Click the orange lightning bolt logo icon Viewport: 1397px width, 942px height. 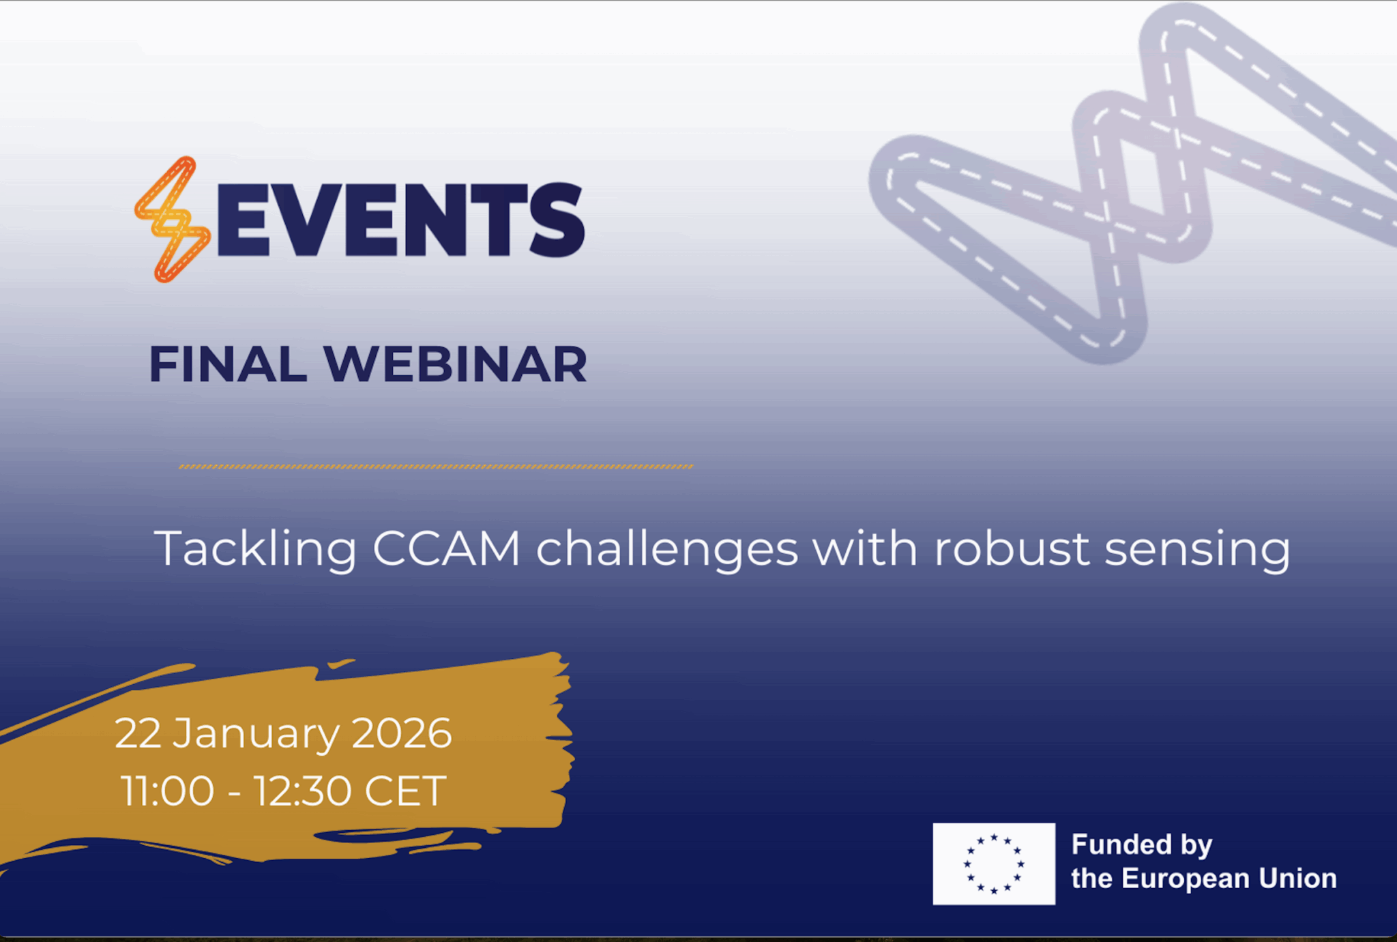(173, 220)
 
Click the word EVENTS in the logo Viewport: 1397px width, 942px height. (400, 220)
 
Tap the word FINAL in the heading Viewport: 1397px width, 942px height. (228, 364)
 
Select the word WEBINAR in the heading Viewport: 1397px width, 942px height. (455, 364)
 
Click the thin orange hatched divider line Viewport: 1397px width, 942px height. (436, 467)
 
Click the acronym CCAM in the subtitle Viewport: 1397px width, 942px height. (447, 548)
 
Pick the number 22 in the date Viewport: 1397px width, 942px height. (138, 734)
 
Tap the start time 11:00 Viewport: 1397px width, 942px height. (168, 791)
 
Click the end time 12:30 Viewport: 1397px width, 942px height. (303, 791)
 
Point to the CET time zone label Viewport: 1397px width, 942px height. (405, 791)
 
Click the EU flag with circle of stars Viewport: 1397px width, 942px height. (993, 864)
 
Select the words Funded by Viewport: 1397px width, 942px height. (1141, 845)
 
